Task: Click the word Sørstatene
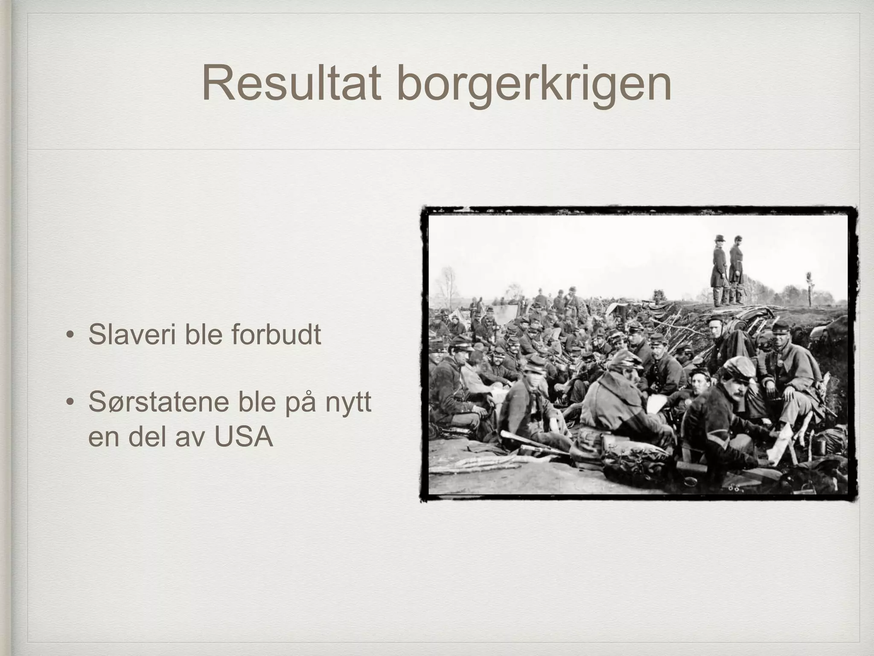click(x=158, y=402)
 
